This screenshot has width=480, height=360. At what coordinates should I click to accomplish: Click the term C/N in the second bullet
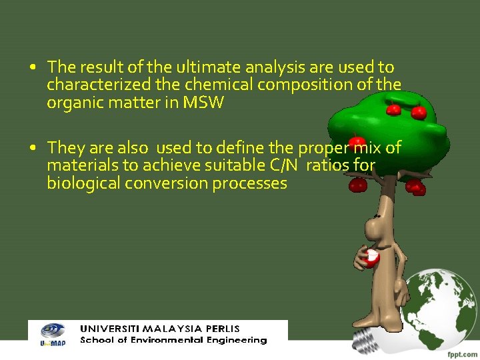(287, 165)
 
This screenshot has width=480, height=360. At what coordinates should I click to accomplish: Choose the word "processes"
(250, 183)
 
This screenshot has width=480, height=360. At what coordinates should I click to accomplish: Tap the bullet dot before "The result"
(33, 67)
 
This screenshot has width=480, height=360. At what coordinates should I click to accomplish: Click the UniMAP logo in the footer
(52, 333)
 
